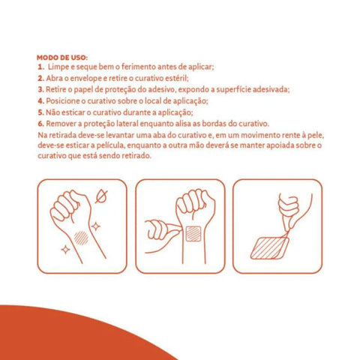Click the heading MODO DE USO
(x=62, y=58)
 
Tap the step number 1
(x=41, y=67)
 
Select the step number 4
(x=41, y=101)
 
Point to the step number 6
(x=41, y=124)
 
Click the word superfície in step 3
(x=233, y=89)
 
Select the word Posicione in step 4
(x=63, y=100)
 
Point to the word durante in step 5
(x=138, y=112)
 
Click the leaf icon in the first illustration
(x=101, y=196)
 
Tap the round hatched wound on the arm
(x=81, y=238)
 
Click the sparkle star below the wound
(x=66, y=250)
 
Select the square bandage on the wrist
(x=193, y=234)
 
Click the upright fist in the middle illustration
(x=195, y=204)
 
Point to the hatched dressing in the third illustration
(x=270, y=247)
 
